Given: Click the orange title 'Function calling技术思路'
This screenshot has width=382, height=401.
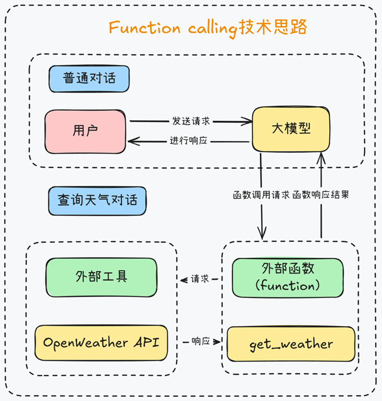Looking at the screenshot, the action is [208, 28].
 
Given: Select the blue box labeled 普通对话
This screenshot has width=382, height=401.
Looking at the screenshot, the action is [89, 79].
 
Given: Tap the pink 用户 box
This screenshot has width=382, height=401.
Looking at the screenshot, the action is [85, 131].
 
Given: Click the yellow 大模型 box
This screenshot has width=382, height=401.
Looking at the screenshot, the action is [291, 129].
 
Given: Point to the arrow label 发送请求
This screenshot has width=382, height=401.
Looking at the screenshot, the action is [191, 121].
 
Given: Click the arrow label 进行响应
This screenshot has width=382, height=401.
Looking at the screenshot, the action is [188, 140].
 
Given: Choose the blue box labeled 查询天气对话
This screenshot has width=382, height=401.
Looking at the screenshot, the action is [98, 201].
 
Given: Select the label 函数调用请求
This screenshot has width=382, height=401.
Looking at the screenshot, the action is [261, 195].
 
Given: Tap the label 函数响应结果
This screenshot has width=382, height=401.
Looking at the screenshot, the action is [321, 195].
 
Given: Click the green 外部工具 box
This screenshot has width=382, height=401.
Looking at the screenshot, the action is [101, 277].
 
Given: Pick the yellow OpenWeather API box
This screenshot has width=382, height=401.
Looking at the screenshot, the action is [101, 343].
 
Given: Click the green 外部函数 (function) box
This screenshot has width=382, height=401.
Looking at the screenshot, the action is [288, 278].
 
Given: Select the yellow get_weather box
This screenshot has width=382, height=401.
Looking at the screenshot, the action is [291, 344].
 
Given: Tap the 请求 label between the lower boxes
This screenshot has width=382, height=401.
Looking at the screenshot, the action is [200, 279].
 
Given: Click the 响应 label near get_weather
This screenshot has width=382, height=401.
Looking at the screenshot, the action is [201, 341].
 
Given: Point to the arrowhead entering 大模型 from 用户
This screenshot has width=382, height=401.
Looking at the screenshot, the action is [248, 121].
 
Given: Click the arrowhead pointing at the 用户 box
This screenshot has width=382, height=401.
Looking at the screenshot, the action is [133, 141].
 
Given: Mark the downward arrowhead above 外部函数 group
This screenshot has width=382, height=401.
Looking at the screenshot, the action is [262, 233].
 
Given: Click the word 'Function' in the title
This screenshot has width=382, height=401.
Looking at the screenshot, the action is [145, 27].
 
